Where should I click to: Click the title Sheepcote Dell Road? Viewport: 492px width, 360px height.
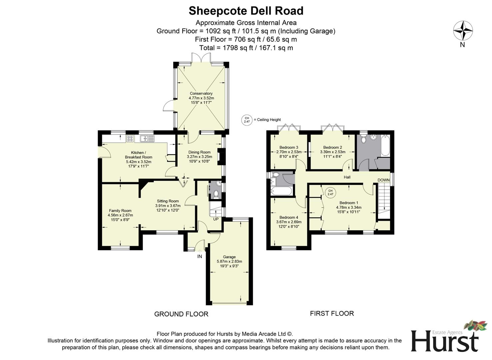(x=246, y=11)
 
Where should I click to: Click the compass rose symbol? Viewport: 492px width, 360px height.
(x=463, y=31)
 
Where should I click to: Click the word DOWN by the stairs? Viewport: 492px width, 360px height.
(x=383, y=180)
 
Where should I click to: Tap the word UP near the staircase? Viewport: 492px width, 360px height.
(x=216, y=219)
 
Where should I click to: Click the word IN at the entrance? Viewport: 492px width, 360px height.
(x=200, y=256)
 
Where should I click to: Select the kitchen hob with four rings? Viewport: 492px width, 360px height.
(x=130, y=138)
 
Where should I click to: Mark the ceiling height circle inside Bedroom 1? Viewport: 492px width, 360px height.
(x=330, y=192)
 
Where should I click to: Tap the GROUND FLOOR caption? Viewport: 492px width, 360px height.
(x=181, y=314)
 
